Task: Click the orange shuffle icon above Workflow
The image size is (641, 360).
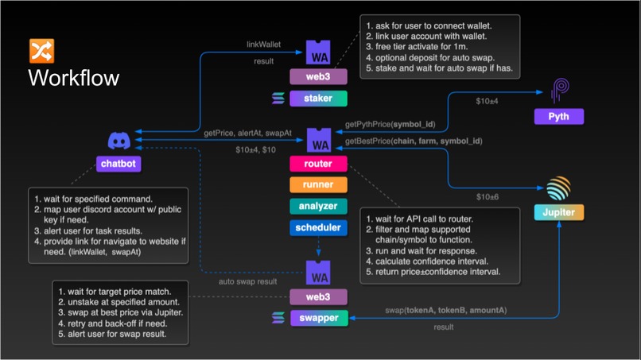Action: coord(41,51)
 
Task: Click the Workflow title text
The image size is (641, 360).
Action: coord(73,78)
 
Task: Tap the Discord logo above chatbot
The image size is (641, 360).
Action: coord(119,141)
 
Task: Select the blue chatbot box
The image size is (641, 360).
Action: coord(119,163)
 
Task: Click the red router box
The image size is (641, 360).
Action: coord(318,164)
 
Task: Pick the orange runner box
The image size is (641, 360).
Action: coord(318,185)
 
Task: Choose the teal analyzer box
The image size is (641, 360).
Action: coord(318,207)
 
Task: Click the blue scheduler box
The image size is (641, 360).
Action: coord(318,227)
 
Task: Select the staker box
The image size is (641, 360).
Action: coord(318,99)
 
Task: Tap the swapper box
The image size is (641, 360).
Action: coord(318,318)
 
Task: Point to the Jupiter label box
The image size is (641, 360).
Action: coord(558,213)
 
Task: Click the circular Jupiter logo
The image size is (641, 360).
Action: coord(558,188)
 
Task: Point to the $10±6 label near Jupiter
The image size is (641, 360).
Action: coord(487,196)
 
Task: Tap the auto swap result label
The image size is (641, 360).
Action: coord(249,281)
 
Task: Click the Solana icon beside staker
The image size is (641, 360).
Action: coord(278,99)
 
